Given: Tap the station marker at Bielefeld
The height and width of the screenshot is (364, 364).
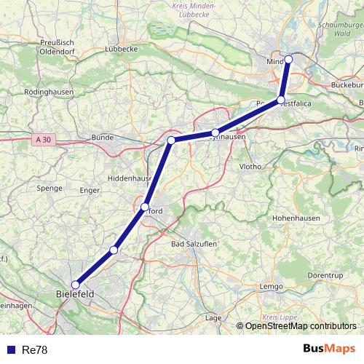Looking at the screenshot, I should (x=75, y=285).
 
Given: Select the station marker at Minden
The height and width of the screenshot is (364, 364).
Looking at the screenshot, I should (x=288, y=59).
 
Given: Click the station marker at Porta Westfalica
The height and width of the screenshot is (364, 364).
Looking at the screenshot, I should (x=281, y=100).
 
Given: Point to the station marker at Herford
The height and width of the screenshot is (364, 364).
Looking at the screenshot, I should (x=145, y=207).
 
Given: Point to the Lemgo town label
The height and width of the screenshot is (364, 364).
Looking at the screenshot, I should (x=270, y=287).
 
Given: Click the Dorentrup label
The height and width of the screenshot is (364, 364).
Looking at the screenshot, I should (x=324, y=276).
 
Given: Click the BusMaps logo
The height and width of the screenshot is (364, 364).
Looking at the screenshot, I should (x=328, y=349).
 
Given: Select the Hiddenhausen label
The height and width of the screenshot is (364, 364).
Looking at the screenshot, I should (x=128, y=178).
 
